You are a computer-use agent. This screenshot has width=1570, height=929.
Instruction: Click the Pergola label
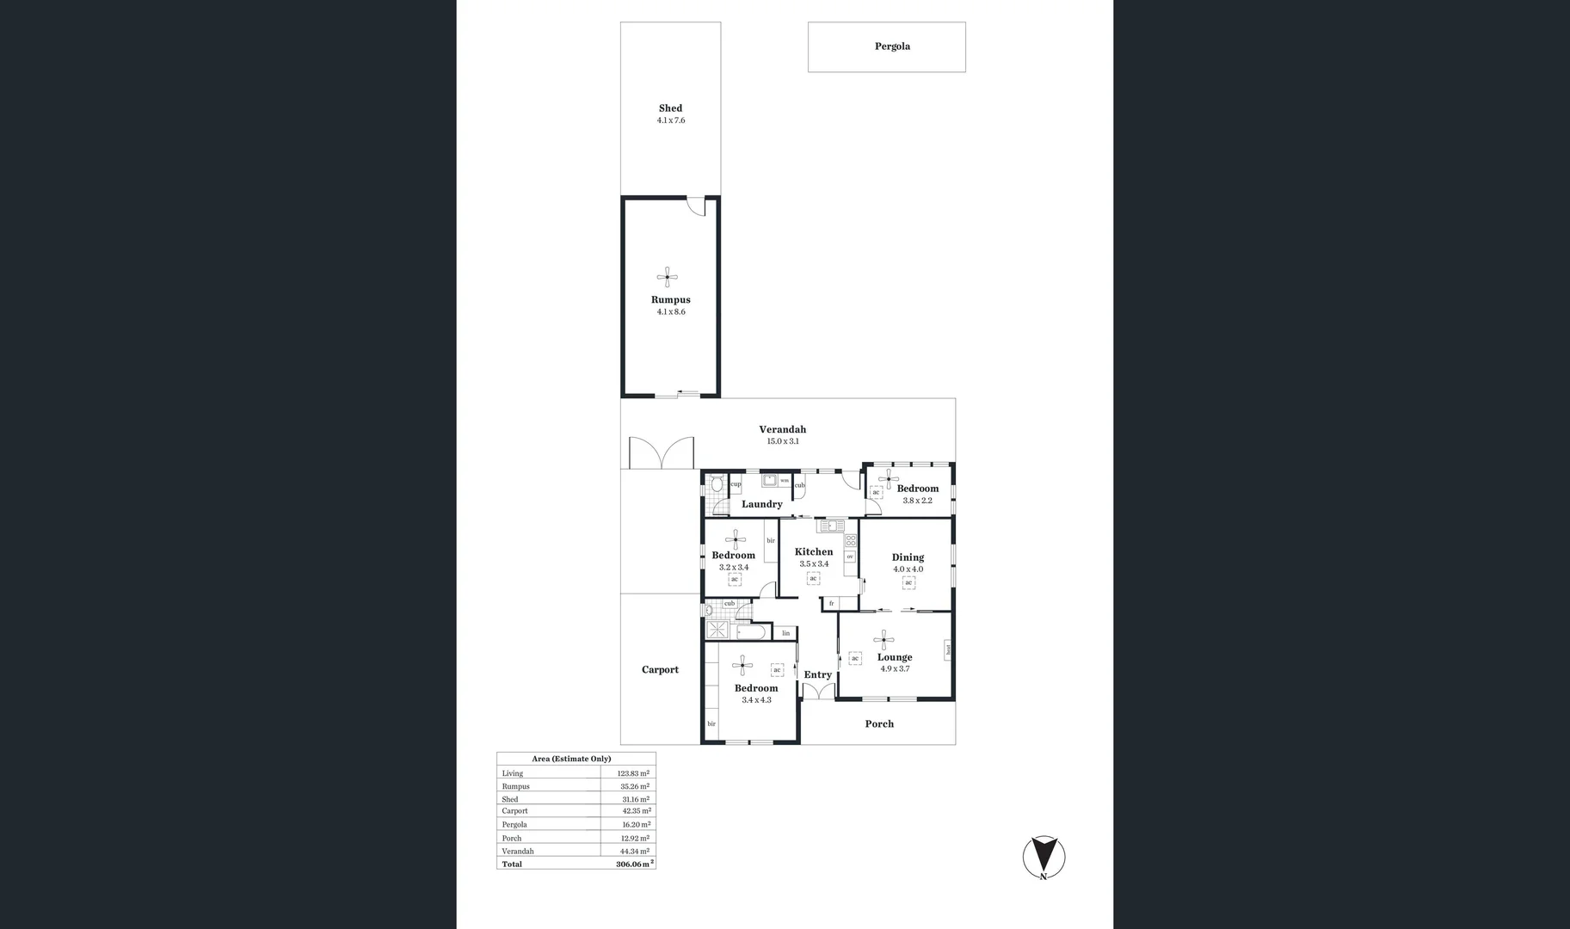pyautogui.click(x=892, y=46)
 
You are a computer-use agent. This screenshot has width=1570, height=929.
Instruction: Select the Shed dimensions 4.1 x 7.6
pyautogui.click(x=671, y=120)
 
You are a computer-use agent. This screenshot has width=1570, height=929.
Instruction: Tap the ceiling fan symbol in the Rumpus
pyautogui.click(x=668, y=277)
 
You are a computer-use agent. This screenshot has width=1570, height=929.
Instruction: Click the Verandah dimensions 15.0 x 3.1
pyautogui.click(x=783, y=441)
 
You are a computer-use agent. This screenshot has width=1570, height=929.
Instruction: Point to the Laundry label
pyautogui.click(x=761, y=504)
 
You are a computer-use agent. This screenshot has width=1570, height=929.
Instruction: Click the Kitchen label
pyautogui.click(x=814, y=552)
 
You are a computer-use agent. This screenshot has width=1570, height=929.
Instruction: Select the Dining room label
pyautogui.click(x=908, y=557)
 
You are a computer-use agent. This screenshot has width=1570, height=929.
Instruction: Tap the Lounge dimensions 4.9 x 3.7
pyautogui.click(x=895, y=668)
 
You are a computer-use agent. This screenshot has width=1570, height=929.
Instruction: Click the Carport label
pyautogui.click(x=660, y=670)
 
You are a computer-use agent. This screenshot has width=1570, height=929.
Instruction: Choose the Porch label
pyautogui.click(x=879, y=724)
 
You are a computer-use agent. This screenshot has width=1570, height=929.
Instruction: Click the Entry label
pyautogui.click(x=817, y=675)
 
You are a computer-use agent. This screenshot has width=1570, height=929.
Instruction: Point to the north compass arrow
pyautogui.click(x=1044, y=857)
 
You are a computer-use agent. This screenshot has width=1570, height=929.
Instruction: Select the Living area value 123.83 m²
pyautogui.click(x=633, y=773)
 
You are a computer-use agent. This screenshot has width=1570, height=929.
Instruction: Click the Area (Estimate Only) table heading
pyautogui.click(x=571, y=759)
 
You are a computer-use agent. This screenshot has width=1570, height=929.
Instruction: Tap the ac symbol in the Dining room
pyautogui.click(x=908, y=582)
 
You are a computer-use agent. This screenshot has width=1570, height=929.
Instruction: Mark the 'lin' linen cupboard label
pyautogui.click(x=785, y=633)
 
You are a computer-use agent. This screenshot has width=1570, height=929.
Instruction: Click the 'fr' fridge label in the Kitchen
pyautogui.click(x=831, y=603)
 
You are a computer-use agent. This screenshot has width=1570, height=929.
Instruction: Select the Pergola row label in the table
pyautogui.click(x=514, y=824)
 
